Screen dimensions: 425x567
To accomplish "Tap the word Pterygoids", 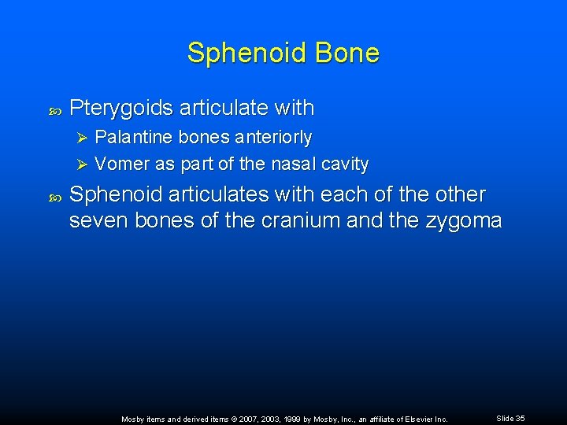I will (x=121, y=108).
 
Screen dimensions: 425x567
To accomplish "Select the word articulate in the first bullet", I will (x=219, y=108).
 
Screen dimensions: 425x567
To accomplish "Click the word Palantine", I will (x=134, y=138).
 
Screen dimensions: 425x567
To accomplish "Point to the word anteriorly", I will (x=273, y=138).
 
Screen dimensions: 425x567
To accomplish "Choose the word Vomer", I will (x=118, y=164).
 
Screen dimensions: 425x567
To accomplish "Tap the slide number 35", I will (x=520, y=419).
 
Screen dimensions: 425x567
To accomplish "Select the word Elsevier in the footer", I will (x=417, y=419).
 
